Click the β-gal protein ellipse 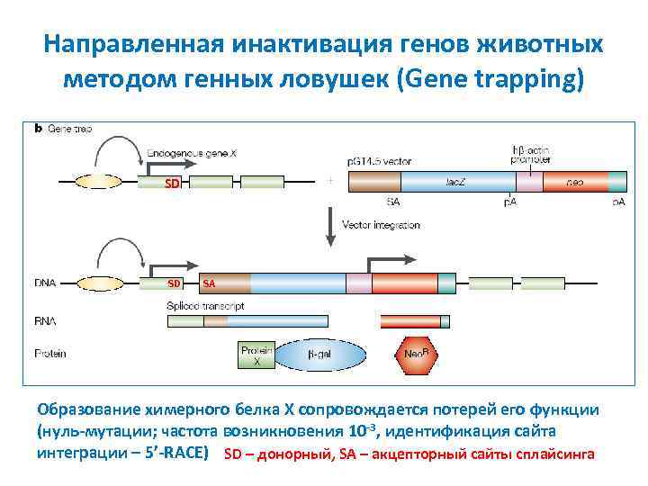(x=322, y=355)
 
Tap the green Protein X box (x=256, y=355)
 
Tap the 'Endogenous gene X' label (x=192, y=154)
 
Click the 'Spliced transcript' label (x=205, y=306)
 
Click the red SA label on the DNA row (x=209, y=283)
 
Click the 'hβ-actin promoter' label (x=530, y=155)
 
